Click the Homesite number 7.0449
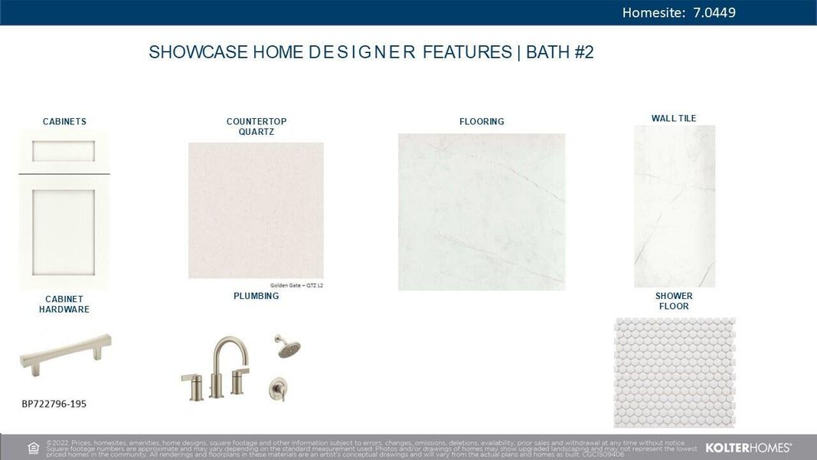click(x=714, y=12)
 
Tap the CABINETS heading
click(x=64, y=121)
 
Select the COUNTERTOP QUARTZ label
click(x=256, y=127)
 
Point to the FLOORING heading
click(x=482, y=121)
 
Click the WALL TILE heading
click(x=674, y=118)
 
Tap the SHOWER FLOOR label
click(x=674, y=301)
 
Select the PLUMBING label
click(x=256, y=296)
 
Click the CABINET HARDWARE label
click(x=64, y=304)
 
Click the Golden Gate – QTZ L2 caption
click(x=296, y=285)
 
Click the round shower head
click(x=288, y=347)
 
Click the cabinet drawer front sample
click(x=64, y=151)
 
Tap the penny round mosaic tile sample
click(x=674, y=373)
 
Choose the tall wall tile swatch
click(x=674, y=205)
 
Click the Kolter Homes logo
click(x=748, y=448)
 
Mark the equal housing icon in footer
click(x=33, y=448)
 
